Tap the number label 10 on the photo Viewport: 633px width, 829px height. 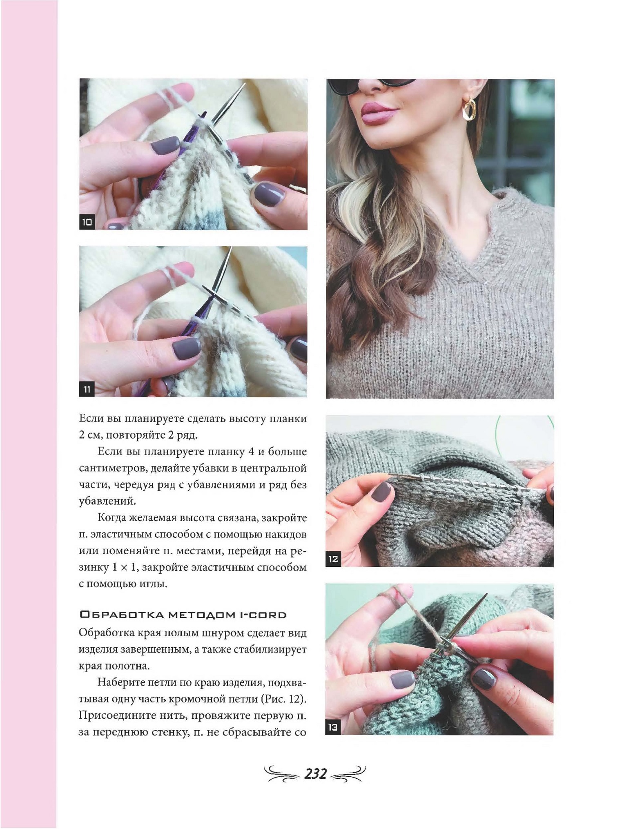click(87, 223)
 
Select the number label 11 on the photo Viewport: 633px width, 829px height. click(87, 390)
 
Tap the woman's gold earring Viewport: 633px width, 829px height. click(470, 109)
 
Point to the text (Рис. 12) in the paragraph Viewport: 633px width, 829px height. click(283, 699)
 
